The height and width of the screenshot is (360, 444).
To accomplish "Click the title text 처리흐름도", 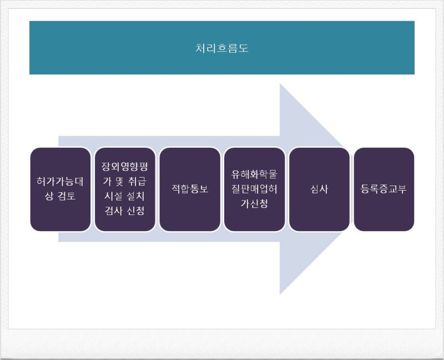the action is (x=221, y=48).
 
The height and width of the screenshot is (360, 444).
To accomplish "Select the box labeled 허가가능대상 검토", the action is (x=60, y=189).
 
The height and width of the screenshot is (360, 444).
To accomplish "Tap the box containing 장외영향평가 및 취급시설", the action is (x=125, y=189).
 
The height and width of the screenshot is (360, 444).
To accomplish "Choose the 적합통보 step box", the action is (x=190, y=189).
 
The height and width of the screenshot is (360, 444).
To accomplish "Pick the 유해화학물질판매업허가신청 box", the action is (x=254, y=189).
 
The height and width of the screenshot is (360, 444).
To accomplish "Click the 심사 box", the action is (x=319, y=189).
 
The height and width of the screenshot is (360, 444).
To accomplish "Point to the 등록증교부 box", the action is (x=384, y=189).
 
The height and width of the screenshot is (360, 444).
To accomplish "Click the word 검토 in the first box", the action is (x=67, y=196).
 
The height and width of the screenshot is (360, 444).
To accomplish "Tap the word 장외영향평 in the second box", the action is (x=125, y=167).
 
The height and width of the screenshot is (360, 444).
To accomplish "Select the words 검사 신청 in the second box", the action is (x=125, y=211).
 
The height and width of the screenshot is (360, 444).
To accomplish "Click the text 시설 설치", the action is (x=125, y=196).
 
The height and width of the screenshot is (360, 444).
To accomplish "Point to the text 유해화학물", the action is (x=254, y=174).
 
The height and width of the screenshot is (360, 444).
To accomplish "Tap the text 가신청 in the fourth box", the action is (x=254, y=203).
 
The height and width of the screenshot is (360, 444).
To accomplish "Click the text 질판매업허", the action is (x=254, y=189).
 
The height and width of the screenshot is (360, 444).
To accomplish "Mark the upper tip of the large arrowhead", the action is (x=280, y=84).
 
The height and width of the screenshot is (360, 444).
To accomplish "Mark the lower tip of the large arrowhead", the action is (x=280, y=294).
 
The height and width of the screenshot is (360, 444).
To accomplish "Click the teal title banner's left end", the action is (x=30, y=48).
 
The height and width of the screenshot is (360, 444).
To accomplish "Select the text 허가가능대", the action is (x=60, y=182).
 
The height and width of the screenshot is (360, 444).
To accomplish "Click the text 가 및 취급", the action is (x=125, y=181).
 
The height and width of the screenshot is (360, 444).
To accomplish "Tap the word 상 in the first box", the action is (x=49, y=196).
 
